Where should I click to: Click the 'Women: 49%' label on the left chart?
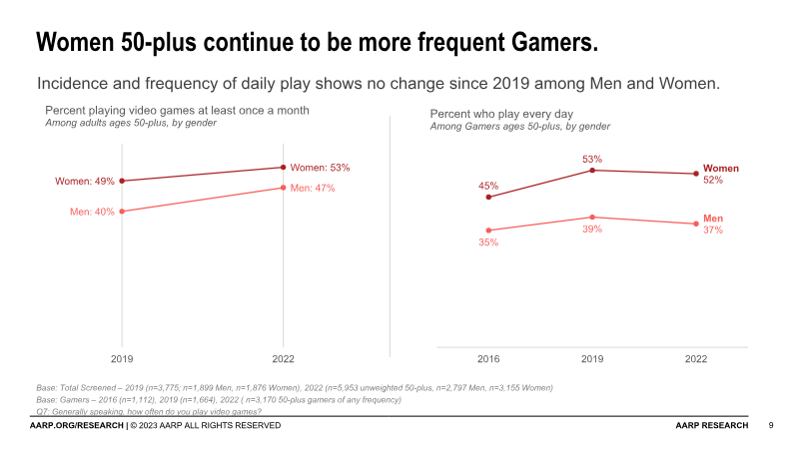tap(85, 182)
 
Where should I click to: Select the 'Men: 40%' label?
tap(91, 212)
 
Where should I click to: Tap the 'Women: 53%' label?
tap(320, 168)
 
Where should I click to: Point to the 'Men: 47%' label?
tap(313, 188)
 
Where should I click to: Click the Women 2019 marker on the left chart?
tap(122, 181)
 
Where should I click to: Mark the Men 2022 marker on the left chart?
tap(284, 188)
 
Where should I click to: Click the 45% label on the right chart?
tap(488, 186)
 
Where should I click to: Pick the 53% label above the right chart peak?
tap(592, 159)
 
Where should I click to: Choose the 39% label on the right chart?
tap(592, 228)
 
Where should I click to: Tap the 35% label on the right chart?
tap(488, 242)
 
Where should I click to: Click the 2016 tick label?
tap(488, 357)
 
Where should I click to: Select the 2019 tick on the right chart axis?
tap(592, 357)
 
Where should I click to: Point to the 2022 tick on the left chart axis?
tap(284, 357)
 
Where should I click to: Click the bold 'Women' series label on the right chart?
tap(721, 169)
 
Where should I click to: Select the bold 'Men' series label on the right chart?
tap(713, 219)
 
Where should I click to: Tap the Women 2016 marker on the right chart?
tap(488, 198)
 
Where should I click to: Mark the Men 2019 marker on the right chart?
tap(592, 217)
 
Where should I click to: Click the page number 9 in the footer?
tap(771, 426)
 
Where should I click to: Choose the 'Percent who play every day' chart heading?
tap(501, 114)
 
